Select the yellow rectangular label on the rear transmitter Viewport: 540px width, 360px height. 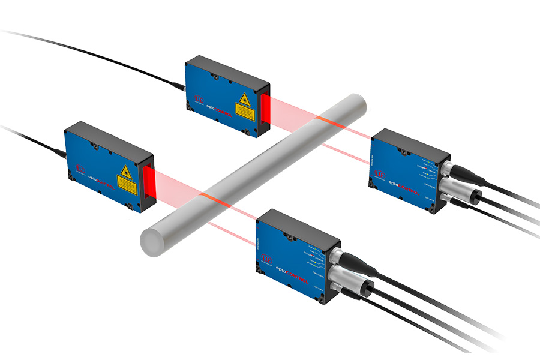(244, 111)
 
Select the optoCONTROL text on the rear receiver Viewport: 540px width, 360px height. (401, 179)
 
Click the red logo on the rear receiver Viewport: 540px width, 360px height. (380, 174)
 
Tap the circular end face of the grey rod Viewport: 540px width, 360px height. (151, 242)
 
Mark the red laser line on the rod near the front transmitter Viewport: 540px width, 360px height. (213, 199)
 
